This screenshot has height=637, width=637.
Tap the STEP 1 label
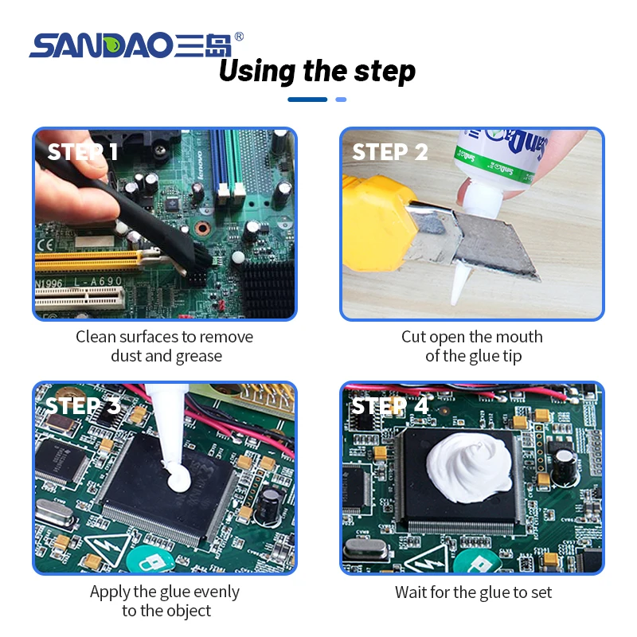point(83,151)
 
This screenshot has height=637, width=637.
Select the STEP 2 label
point(390,151)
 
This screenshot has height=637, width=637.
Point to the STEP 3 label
point(83,405)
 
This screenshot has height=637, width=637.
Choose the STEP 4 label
point(390,405)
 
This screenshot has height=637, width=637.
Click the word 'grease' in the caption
point(197,355)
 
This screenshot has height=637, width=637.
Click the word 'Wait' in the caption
point(412,592)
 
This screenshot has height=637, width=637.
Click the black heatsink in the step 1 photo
point(268,290)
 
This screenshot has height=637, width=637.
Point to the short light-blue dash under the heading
point(341,100)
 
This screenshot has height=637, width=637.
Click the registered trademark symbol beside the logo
point(240,37)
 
